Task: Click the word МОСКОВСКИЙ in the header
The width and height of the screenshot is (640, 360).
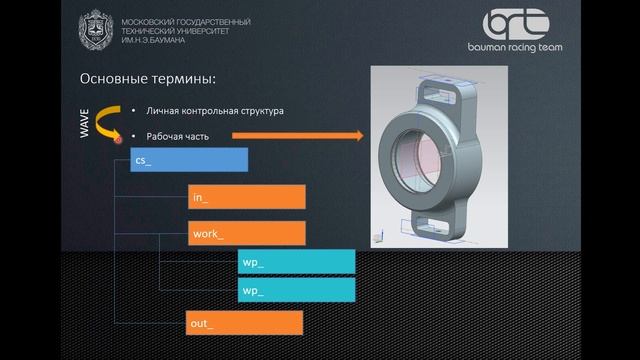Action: [x=144, y=21]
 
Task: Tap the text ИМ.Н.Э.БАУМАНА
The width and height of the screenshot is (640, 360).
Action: [x=154, y=37]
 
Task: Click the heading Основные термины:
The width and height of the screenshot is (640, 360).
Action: [x=147, y=79]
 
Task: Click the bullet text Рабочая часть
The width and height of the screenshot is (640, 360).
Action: [x=177, y=136]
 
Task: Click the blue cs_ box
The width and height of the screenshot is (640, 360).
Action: [x=188, y=160]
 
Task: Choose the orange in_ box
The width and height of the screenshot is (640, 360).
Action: [x=245, y=197]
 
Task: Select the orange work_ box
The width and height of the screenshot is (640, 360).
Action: [x=245, y=234]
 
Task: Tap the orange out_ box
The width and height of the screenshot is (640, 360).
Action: [x=245, y=322]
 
